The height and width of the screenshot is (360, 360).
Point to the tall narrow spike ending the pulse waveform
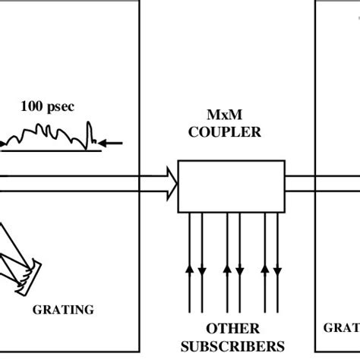pyautogui.click(x=90, y=134)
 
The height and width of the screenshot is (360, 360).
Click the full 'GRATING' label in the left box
pyautogui.click(x=63, y=309)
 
